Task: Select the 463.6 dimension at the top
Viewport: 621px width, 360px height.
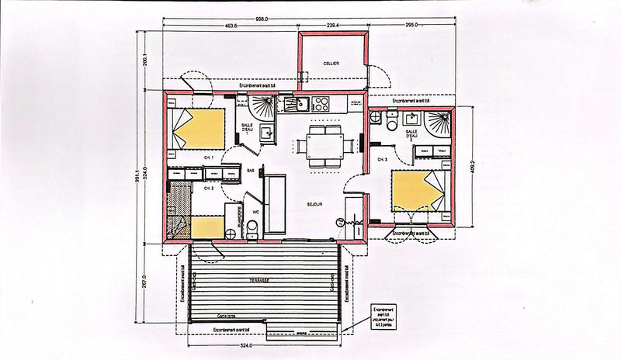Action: (227, 25)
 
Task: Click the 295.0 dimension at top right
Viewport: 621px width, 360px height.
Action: (412, 25)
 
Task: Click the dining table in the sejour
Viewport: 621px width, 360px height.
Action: (321, 145)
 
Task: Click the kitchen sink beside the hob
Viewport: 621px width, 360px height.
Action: (297, 102)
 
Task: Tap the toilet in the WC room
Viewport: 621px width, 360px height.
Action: (253, 227)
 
